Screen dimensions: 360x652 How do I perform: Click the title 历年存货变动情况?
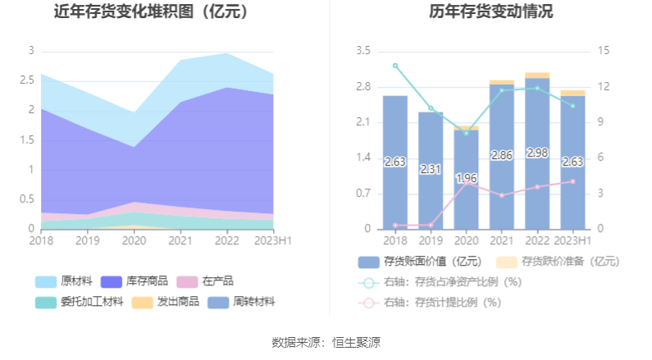click(x=490, y=12)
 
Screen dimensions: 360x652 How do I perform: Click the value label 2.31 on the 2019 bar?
click(x=431, y=170)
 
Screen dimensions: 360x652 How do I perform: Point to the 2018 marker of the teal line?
click(x=395, y=66)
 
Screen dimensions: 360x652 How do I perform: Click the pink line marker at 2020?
click(x=466, y=184)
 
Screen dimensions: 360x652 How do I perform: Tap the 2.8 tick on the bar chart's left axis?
click(x=362, y=87)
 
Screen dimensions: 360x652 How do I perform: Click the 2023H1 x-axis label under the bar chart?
click(x=572, y=240)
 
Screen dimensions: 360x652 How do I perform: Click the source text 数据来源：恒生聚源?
click(x=326, y=342)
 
